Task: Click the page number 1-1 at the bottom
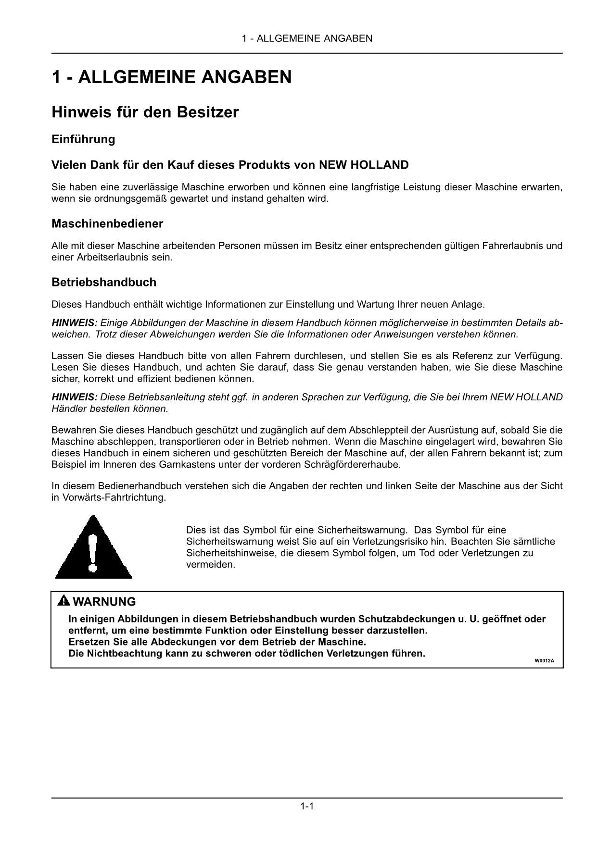pos(307,806)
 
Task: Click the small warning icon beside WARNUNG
pos(64,601)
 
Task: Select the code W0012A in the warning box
pos(545,660)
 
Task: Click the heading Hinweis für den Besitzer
pos(145,112)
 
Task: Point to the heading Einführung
pos(83,139)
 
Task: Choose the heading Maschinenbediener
pos(107,224)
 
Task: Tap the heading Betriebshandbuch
pos(104,282)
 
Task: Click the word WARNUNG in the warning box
pos(104,602)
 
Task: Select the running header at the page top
pos(307,38)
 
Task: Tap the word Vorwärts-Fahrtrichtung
pos(114,497)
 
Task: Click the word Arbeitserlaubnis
pos(112,257)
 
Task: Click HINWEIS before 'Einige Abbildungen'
pos(75,323)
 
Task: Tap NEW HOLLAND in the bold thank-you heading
pos(364,165)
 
